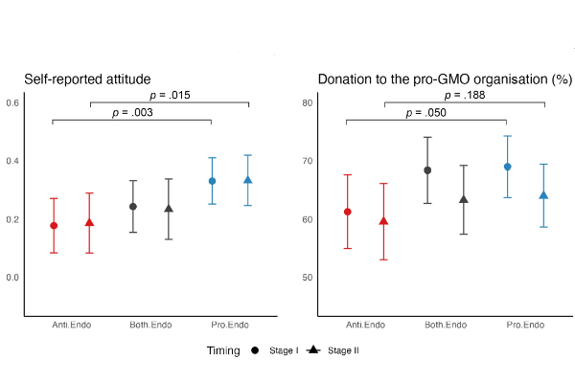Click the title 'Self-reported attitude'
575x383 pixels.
pos(88,79)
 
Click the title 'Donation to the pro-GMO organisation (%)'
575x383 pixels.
pos(445,79)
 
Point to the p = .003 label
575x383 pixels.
pos(131,112)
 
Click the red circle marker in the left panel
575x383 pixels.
pos(54,226)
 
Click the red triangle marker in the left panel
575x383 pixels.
pos(90,222)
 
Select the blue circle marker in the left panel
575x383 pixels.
pos(213,181)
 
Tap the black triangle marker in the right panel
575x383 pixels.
pos(465,199)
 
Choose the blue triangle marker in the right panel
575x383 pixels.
pos(543,195)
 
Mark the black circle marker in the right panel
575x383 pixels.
pos(427,170)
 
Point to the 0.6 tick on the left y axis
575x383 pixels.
pos(13,102)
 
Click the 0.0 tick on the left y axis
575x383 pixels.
pos(13,278)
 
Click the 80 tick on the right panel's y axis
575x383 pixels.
pos(308,102)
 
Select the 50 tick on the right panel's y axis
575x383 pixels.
pos(308,278)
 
